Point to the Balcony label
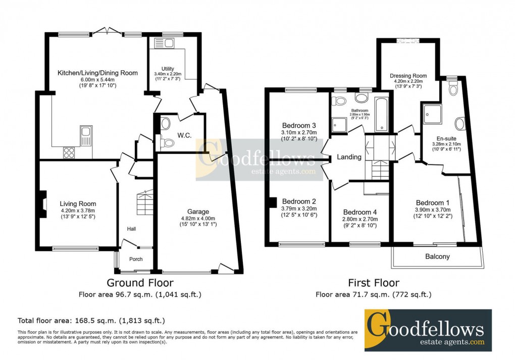(x=437, y=256)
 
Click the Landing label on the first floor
(x=349, y=157)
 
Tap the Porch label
(x=136, y=259)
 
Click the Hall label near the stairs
(x=131, y=229)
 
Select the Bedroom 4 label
(x=360, y=212)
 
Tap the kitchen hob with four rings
(x=69, y=152)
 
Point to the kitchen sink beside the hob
(x=86, y=135)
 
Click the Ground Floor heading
(x=140, y=283)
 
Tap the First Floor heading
(x=374, y=283)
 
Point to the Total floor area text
(x=91, y=321)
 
